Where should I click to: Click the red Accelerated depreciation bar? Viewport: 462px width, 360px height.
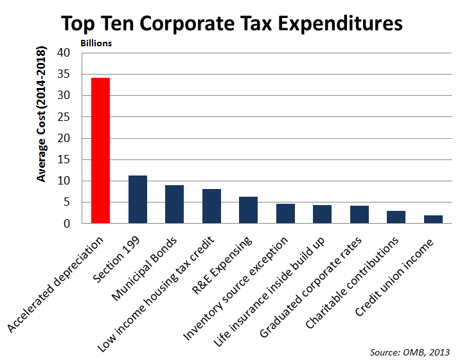point(101,151)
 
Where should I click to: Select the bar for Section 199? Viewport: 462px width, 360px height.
point(138,200)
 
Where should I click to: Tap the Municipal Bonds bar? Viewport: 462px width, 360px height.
point(175,204)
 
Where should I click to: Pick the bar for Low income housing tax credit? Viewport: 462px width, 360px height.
point(211,206)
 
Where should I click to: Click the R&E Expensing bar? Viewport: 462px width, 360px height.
point(248,210)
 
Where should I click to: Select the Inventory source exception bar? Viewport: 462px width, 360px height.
point(285,214)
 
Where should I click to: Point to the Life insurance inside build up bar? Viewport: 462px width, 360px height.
point(322,215)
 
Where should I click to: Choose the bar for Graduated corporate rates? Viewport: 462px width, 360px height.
point(359,215)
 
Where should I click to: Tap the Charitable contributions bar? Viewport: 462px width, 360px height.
point(396,217)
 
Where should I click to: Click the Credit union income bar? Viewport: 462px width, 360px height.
point(433,219)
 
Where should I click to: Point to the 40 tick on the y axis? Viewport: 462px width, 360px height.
point(64,53)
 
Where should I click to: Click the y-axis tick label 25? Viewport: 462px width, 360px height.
point(64,117)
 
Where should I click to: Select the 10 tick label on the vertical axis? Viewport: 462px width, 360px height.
point(64,181)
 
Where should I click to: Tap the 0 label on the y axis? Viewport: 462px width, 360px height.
point(67,224)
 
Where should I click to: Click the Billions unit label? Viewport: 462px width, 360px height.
point(96,43)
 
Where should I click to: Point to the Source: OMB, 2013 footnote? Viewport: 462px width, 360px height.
point(410,352)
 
